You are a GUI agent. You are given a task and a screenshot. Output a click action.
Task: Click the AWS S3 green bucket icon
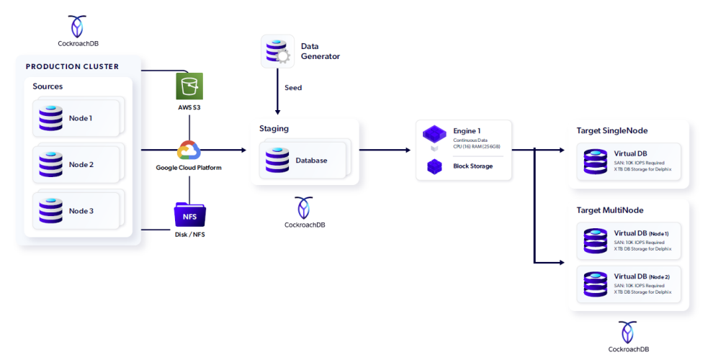coord(189,87)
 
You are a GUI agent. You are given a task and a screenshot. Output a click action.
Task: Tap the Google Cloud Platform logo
coord(189,150)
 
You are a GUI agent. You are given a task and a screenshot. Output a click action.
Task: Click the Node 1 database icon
coord(51,118)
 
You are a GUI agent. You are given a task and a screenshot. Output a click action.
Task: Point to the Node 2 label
coord(81,165)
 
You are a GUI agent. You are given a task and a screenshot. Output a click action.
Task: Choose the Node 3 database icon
coord(51,211)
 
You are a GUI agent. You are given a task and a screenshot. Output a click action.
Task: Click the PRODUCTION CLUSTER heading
coord(72,67)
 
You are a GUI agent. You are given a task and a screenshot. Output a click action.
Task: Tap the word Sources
coord(48,86)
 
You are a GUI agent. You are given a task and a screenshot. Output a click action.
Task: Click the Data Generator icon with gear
coord(277,51)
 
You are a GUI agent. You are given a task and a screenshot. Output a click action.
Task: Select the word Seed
coord(293,88)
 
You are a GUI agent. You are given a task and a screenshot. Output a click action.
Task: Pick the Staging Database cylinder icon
coord(277,160)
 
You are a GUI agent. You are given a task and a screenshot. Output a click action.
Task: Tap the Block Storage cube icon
coord(434,166)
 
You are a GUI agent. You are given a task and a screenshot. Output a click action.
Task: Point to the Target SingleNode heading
coord(611,130)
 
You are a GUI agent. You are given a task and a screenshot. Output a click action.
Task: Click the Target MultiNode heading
coord(609,210)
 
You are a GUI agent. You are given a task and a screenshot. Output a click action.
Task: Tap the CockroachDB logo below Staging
coord(304,208)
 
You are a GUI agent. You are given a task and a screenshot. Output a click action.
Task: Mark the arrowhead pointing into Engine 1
coord(407,150)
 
